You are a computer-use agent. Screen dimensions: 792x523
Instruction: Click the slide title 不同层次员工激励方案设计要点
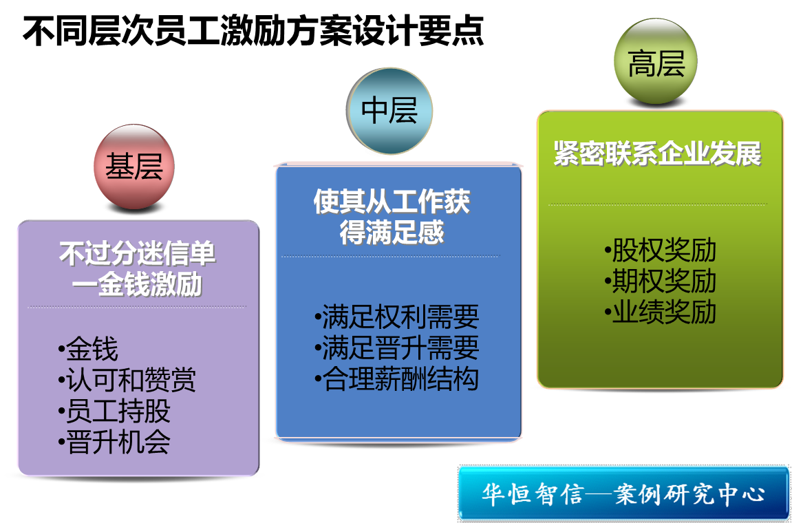coord(253,32)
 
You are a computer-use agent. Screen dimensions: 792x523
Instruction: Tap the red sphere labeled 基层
coord(134,167)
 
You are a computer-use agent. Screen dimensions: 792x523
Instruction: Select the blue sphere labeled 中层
coord(389,111)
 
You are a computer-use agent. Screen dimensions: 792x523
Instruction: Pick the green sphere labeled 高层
coord(656,61)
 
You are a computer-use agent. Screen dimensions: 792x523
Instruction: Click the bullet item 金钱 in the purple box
coord(88,349)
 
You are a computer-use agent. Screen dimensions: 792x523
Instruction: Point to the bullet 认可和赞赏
coord(127,380)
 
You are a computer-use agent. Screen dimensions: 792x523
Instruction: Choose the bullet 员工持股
coord(114,411)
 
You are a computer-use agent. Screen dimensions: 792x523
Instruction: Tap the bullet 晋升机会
coord(114,442)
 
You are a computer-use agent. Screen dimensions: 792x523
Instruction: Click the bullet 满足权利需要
coord(396,317)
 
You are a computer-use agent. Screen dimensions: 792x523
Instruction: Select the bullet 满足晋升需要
coord(396,348)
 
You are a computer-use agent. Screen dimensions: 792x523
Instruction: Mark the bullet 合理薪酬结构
coord(396,379)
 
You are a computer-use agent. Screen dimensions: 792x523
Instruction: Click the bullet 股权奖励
coord(660,250)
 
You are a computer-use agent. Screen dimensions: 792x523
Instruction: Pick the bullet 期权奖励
coord(660,281)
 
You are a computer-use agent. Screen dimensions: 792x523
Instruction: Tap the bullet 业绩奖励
coord(660,312)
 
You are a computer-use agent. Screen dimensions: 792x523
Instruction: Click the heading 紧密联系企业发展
coord(658,153)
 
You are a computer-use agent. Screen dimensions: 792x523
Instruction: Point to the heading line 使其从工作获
coord(392,202)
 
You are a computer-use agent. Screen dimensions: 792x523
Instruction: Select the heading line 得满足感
coord(392,233)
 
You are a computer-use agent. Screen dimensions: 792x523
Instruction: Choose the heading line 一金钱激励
coord(138,284)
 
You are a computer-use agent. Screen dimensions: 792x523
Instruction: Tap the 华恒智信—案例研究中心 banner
coord(623,493)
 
